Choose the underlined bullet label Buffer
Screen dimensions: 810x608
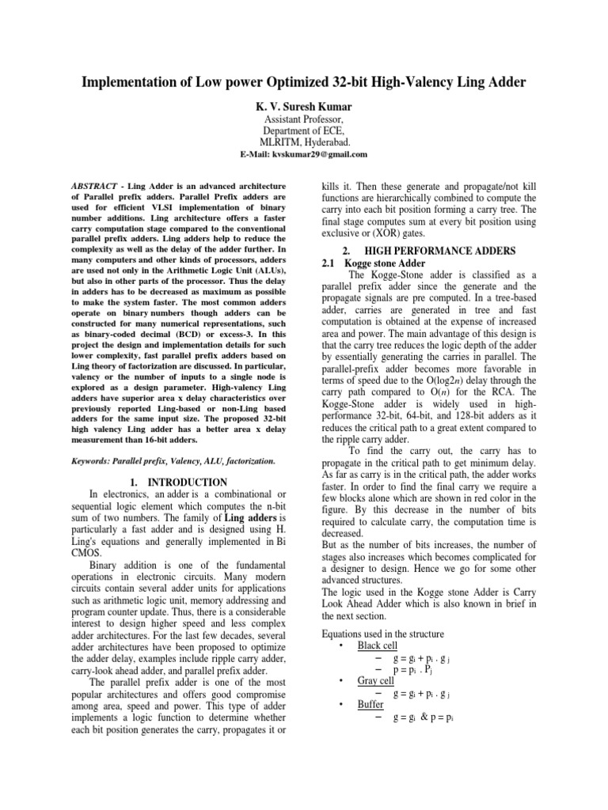coord(371,702)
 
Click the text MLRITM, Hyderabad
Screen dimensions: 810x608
coord(304,142)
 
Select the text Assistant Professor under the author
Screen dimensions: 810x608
coord(304,118)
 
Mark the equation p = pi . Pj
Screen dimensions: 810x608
coord(416,668)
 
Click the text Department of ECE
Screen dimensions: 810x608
coord(304,130)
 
